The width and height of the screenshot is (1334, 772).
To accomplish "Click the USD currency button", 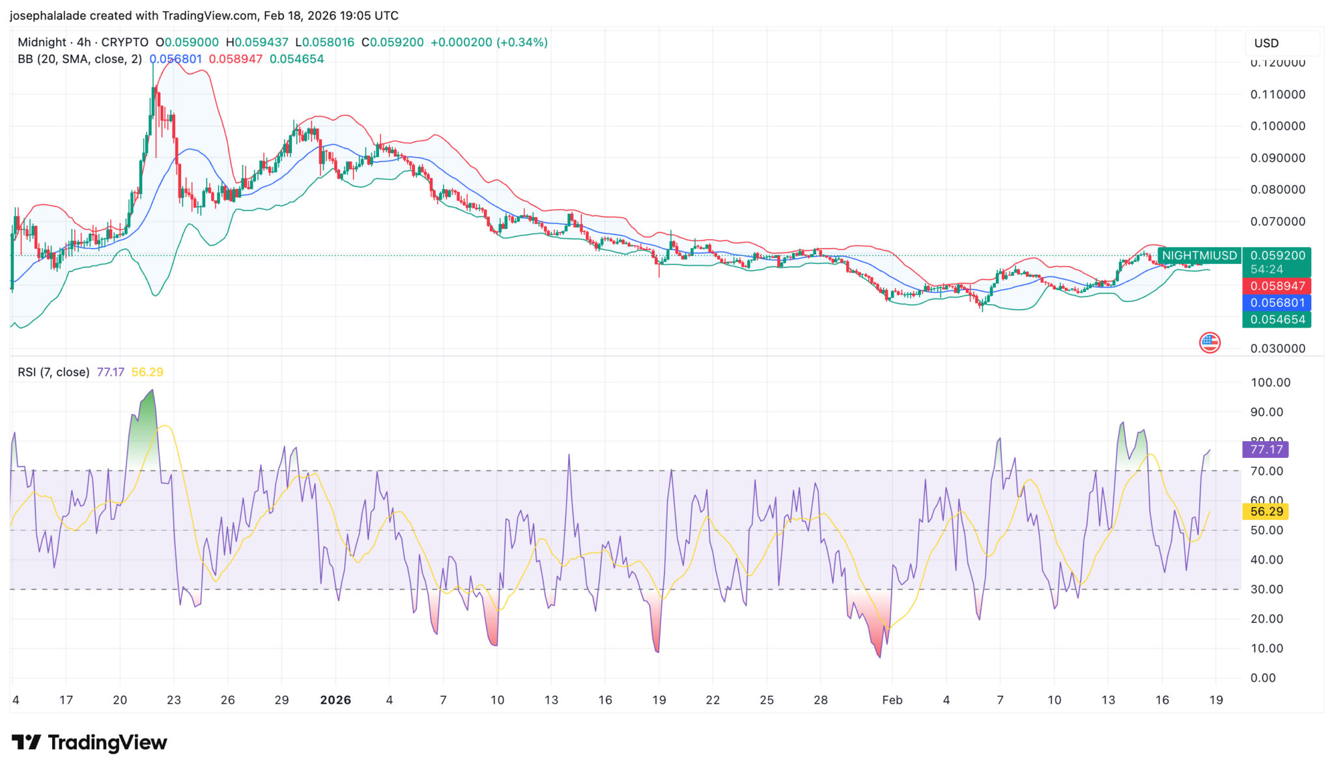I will [x=1266, y=43].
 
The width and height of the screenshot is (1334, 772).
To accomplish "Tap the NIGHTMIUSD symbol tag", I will [x=1199, y=255].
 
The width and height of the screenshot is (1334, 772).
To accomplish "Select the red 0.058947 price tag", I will [x=1277, y=286].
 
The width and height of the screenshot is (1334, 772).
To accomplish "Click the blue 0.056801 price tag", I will [x=1277, y=303].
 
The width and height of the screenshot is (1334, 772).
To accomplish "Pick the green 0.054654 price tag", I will [x=1277, y=320].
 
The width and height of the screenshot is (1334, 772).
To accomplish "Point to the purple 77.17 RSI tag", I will [x=1265, y=450].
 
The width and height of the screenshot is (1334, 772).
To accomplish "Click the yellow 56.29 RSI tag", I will [x=1266, y=511].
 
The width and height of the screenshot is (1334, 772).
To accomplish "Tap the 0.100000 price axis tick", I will [x=1277, y=126].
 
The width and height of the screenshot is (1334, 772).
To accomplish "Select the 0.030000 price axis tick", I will [x=1277, y=349].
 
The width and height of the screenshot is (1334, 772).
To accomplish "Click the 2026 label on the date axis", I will [x=335, y=700].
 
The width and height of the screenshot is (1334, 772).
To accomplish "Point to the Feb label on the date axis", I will [x=892, y=700].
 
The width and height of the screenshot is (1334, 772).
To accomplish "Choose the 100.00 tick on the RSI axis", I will [x=1270, y=382].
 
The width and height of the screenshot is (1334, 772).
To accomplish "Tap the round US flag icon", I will [x=1210, y=343].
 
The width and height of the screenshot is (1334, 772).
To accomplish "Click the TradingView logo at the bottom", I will [x=90, y=743].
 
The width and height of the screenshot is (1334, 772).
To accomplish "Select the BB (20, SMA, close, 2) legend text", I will [x=79, y=59].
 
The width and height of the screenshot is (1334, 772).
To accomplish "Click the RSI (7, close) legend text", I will [x=53, y=372].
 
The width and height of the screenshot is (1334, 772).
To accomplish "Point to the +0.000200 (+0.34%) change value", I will [x=489, y=42].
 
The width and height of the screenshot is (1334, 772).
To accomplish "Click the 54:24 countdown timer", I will [x=1266, y=269].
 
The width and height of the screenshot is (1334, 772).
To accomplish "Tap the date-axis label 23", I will [x=174, y=700].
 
